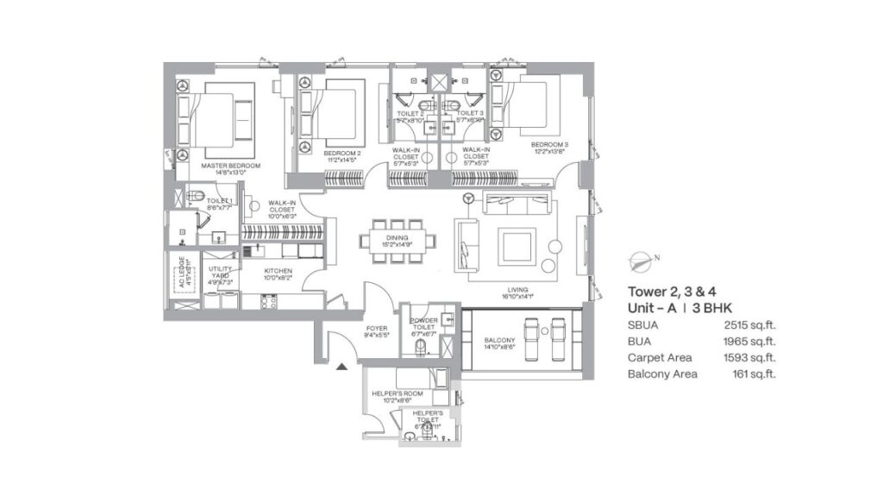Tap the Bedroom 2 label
tap(342, 153)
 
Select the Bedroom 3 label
tap(549, 144)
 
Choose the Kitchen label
tap(279, 270)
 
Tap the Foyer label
tap(377, 328)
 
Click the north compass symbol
tap(642, 257)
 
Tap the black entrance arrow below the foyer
tap(341, 367)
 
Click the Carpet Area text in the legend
tap(661, 357)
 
